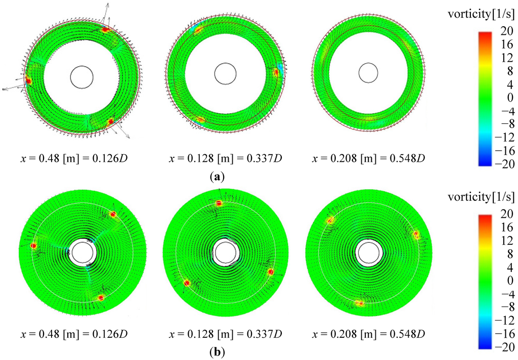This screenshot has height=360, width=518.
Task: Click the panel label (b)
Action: pyautogui.click(x=217, y=353)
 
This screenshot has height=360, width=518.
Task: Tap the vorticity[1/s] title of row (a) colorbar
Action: pyautogui.click(x=482, y=15)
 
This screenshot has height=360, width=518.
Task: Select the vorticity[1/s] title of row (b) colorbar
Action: pyautogui.click(x=482, y=197)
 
